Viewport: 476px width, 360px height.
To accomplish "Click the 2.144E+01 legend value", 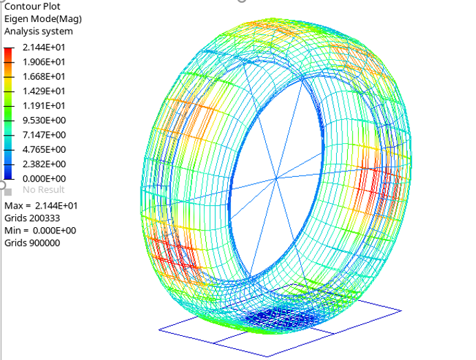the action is [x=44, y=47].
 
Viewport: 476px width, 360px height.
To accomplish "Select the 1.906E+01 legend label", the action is [x=44, y=62].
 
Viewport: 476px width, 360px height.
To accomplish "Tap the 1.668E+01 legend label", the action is [x=44, y=76].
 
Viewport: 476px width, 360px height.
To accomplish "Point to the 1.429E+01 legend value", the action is [x=44, y=91].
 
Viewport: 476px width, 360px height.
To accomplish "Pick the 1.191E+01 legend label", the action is [x=44, y=105].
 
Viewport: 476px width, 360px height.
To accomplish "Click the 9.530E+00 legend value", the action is [x=44, y=120].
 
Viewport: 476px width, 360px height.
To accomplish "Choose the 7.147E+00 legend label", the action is [x=44, y=135].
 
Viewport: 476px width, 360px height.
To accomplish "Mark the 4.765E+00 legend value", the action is [x=44, y=149].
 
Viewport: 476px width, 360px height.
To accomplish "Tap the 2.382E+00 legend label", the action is [x=44, y=164].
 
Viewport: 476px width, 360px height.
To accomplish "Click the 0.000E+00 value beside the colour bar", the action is [x=44, y=178].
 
